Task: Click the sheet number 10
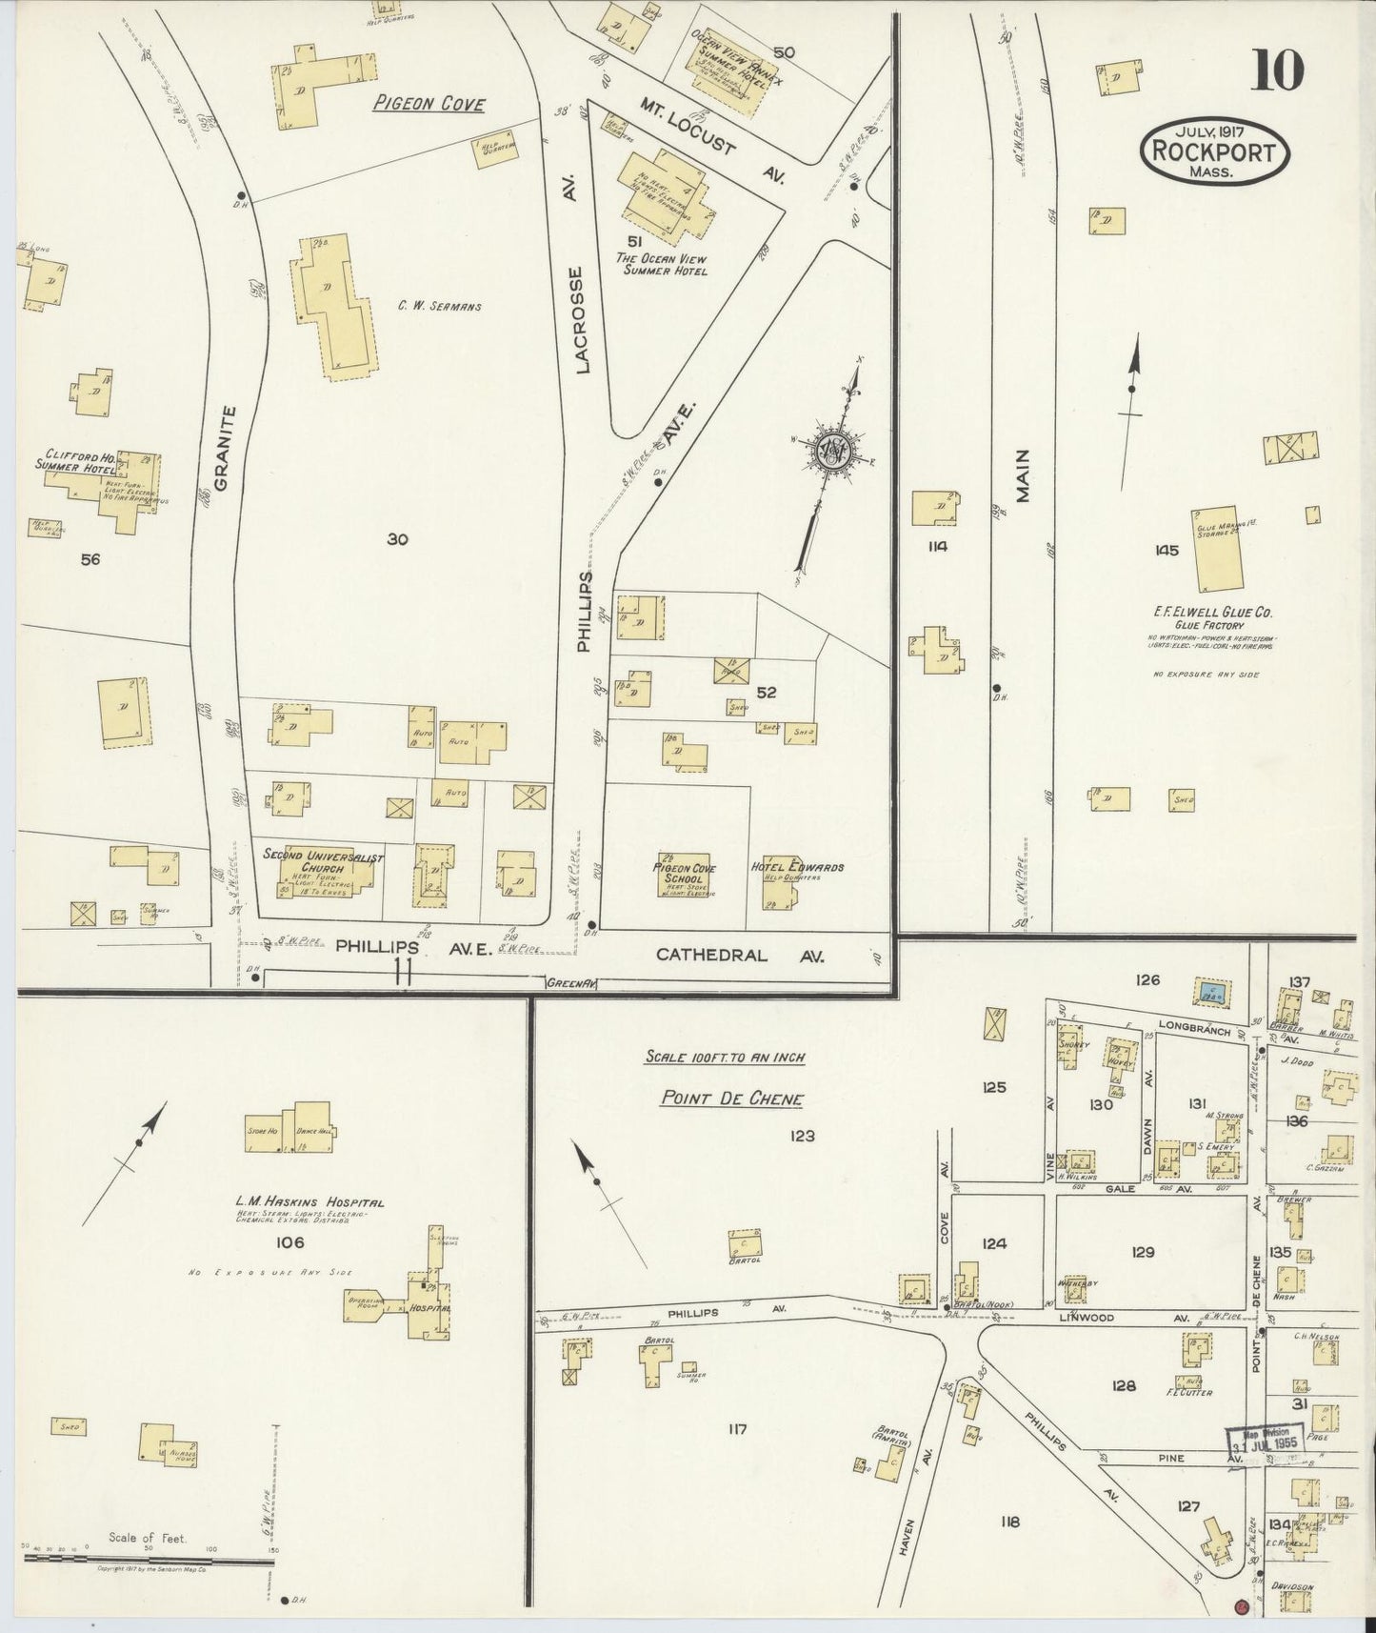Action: pyautogui.click(x=1278, y=71)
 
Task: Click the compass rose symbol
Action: pyautogui.click(x=830, y=450)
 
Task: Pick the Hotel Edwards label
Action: pyautogui.click(x=797, y=867)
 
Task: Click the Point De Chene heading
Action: pyautogui.click(x=731, y=1099)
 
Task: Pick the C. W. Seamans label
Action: pyautogui.click(x=440, y=307)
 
